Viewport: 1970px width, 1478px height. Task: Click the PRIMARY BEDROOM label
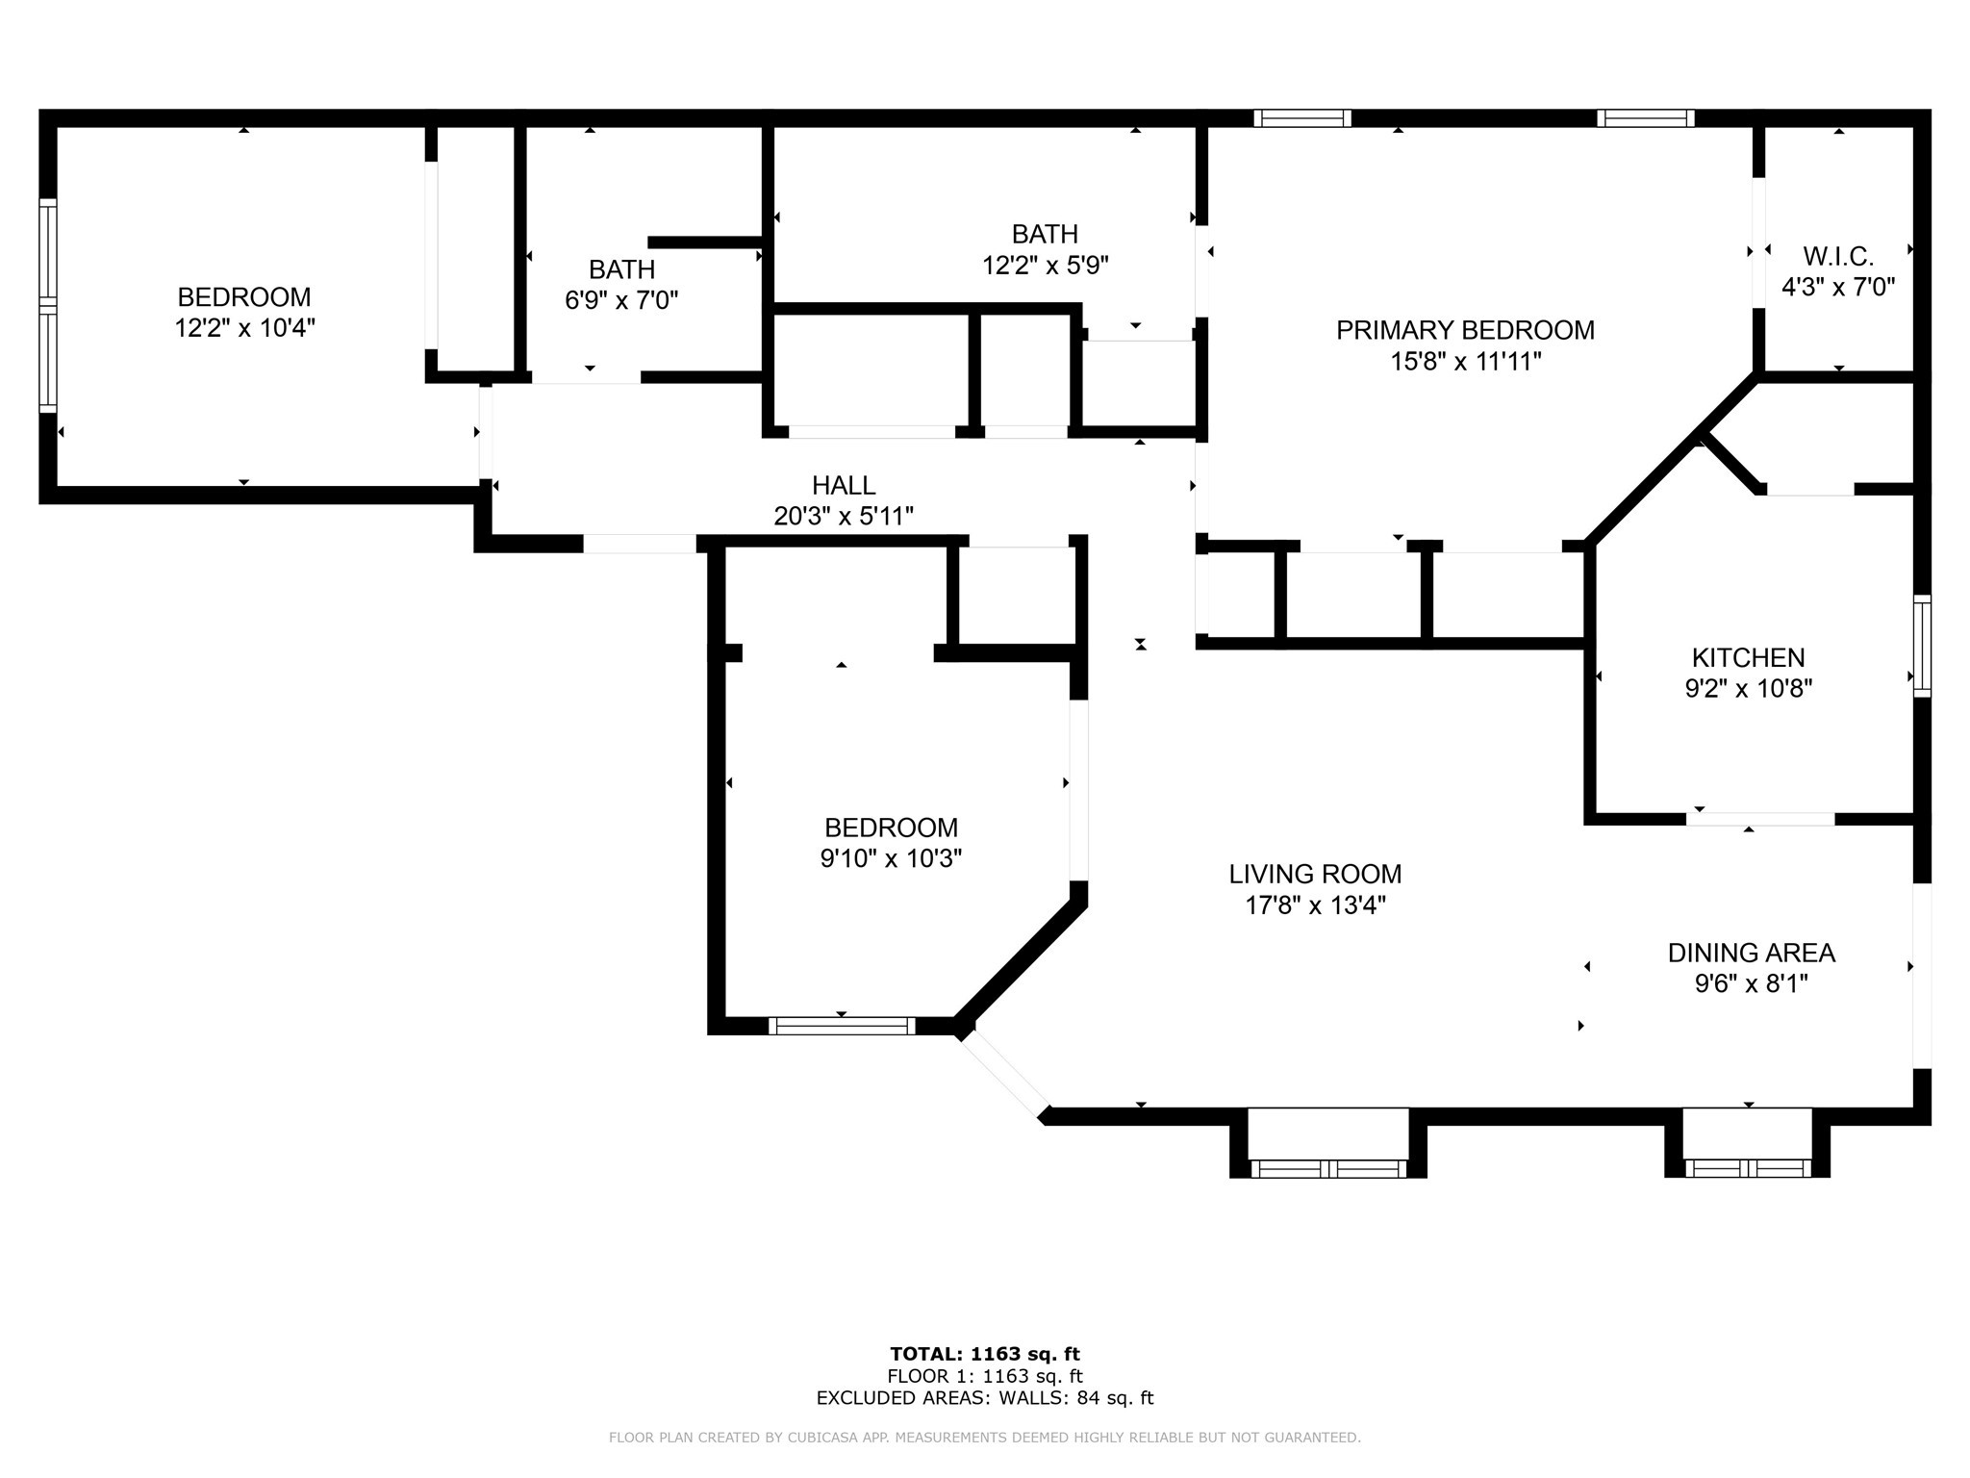[1464, 330]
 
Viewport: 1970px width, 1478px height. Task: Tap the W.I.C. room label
[1837, 257]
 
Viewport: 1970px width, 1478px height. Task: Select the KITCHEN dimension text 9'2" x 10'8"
[1748, 689]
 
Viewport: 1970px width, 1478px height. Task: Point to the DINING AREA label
[1751, 953]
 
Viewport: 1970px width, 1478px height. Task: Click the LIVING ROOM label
[1315, 874]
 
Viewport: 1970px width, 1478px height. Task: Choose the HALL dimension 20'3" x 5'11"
[843, 517]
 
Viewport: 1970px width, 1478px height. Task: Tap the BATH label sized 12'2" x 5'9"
[1045, 234]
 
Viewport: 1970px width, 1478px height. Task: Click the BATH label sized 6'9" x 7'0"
[621, 269]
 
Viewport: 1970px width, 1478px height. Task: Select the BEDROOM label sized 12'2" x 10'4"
[244, 296]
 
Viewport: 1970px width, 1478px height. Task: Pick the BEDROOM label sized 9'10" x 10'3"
[891, 828]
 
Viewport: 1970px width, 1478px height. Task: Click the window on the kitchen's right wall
[1921, 645]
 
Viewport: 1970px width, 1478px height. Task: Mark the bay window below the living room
[1327, 1168]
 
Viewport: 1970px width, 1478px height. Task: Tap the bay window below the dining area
[1748, 1168]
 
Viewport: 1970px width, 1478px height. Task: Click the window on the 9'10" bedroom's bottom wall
[842, 1026]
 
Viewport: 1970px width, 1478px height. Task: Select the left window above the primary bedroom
[1301, 118]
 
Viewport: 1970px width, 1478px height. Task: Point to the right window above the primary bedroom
[1645, 118]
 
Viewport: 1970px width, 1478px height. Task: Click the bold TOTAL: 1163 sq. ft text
[984, 1354]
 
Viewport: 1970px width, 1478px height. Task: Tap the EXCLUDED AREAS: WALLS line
[984, 1398]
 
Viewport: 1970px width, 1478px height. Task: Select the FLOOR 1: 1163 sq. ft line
[984, 1376]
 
